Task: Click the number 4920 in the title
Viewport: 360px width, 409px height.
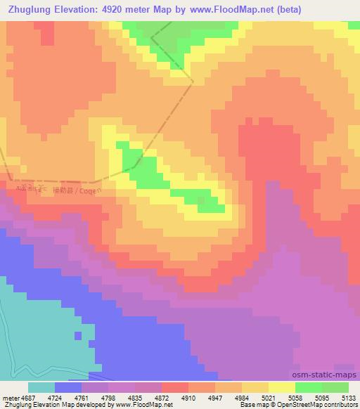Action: (117, 10)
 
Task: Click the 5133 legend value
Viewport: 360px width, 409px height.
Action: (347, 397)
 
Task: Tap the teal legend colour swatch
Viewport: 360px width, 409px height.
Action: (41, 387)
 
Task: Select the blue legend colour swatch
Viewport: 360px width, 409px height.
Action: (67, 387)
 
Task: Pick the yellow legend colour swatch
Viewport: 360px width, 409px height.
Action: (281, 387)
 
